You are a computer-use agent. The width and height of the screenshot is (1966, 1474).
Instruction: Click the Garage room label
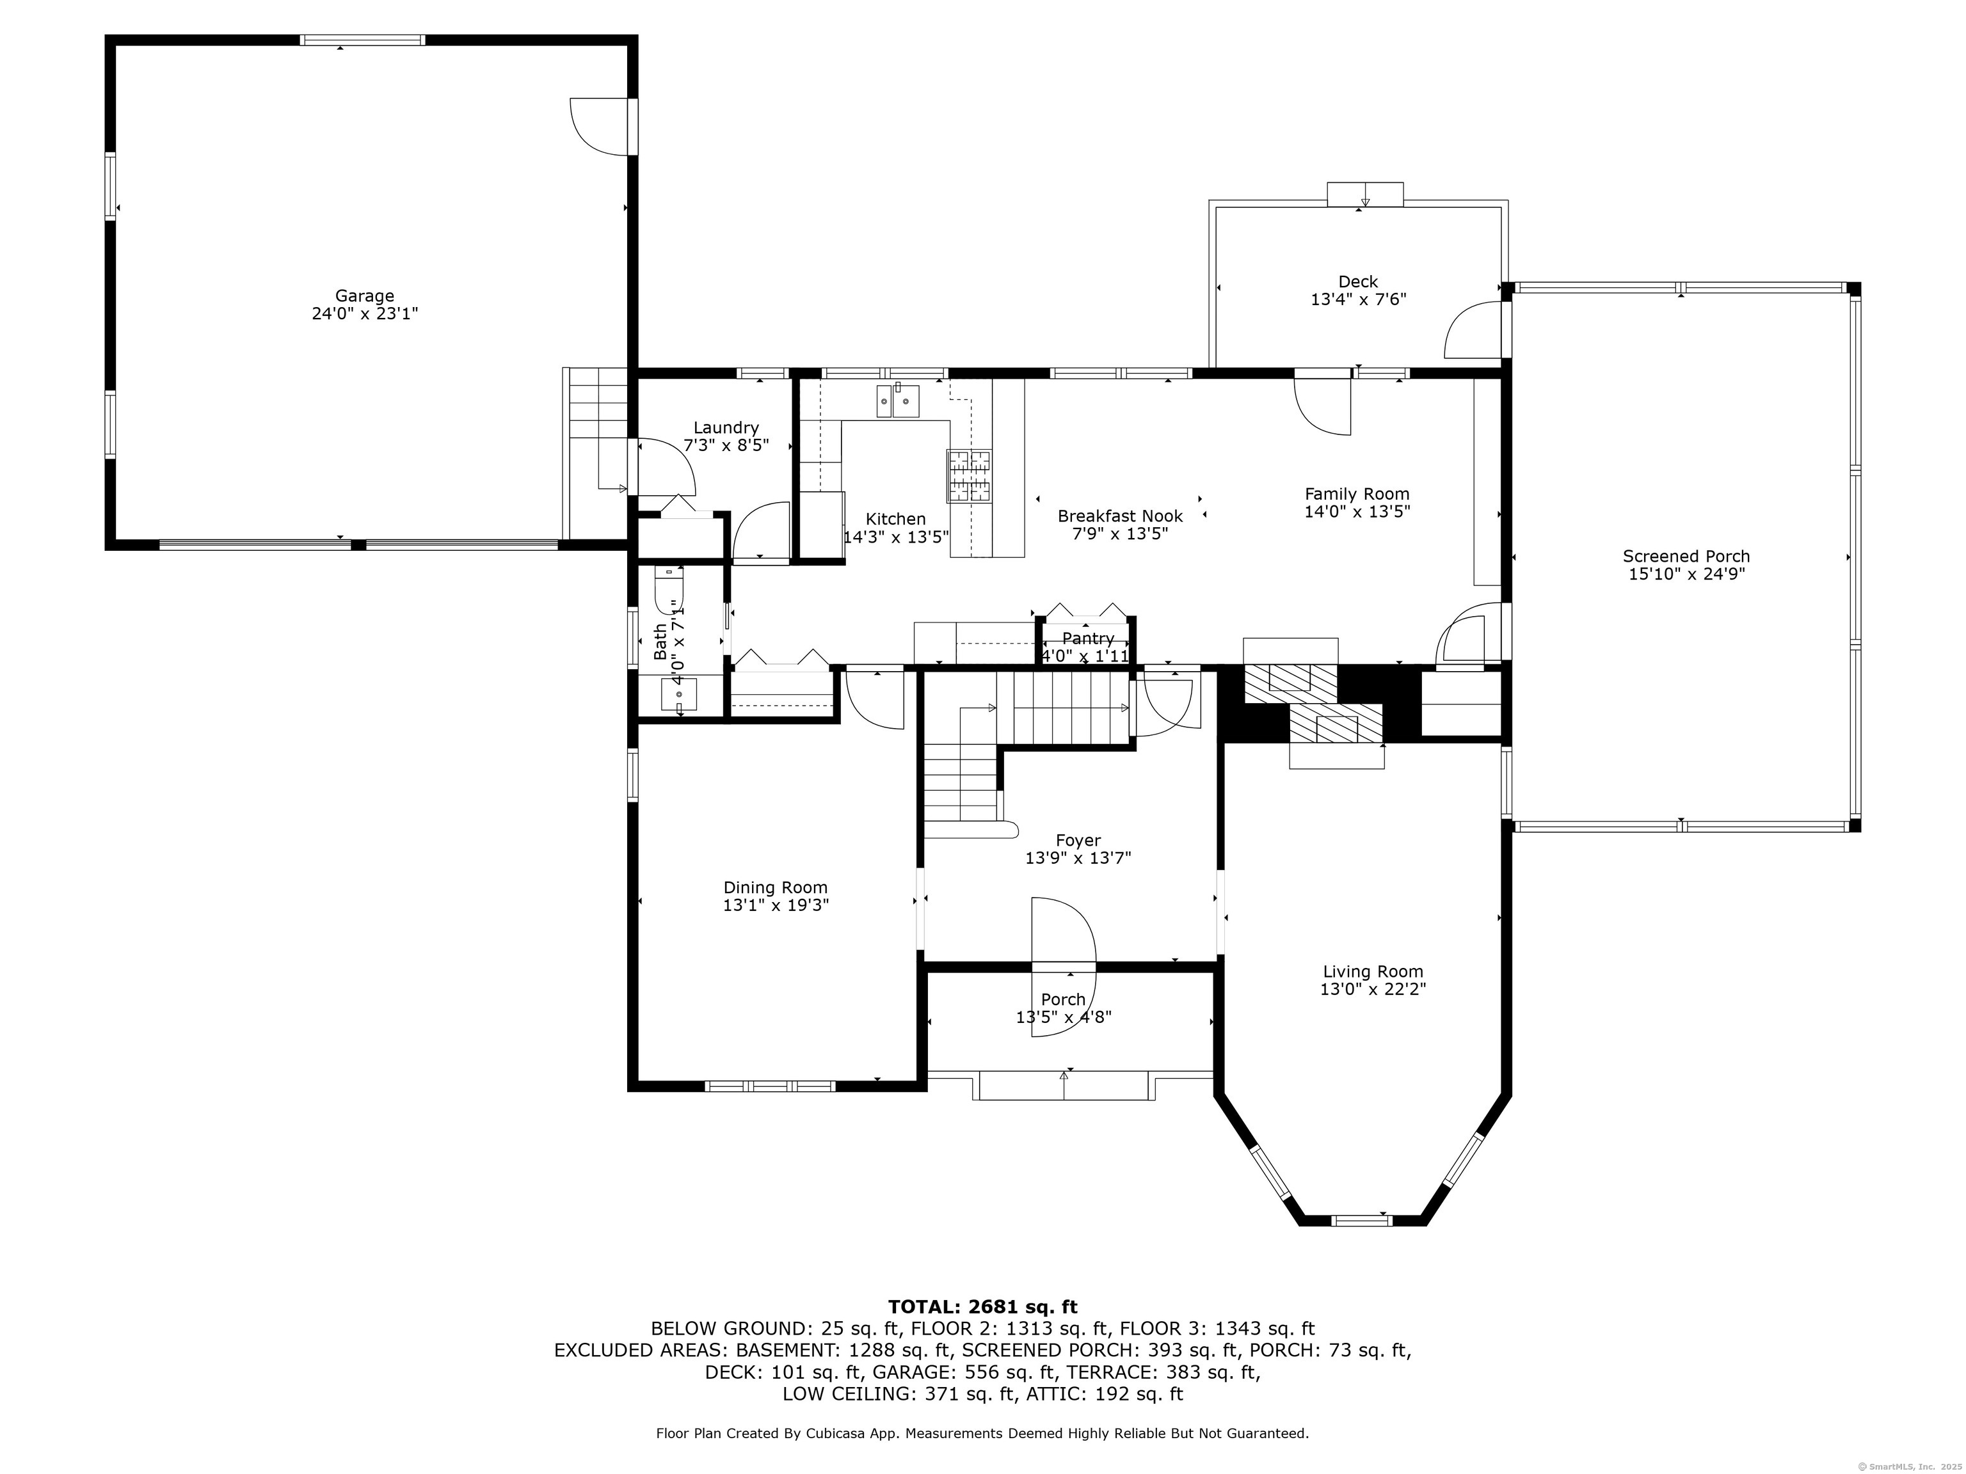364,296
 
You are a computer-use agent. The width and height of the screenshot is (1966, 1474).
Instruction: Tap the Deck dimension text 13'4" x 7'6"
1358,300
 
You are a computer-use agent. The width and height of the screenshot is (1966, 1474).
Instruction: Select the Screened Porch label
1686,556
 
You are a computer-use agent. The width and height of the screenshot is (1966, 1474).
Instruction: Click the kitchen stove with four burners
969,475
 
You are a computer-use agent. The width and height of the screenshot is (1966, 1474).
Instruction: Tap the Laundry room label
726,428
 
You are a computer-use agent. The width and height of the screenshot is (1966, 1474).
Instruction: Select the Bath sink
679,694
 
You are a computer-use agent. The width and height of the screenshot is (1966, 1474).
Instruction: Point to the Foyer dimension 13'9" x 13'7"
1078,859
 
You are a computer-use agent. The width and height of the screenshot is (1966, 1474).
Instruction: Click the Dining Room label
775,887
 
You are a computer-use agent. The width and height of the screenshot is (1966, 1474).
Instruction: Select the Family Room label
1357,494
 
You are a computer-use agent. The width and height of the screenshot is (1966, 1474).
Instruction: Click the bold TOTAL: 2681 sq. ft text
982,1307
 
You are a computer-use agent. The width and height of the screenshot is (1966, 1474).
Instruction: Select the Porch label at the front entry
1063,999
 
